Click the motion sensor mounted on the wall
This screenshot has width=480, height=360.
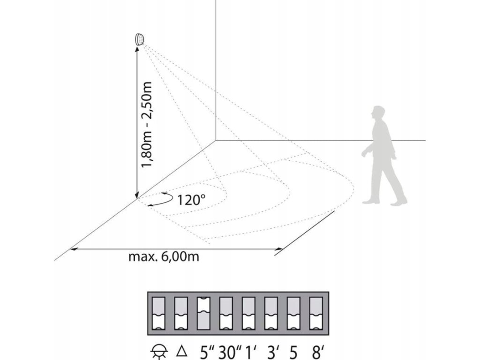[140, 40]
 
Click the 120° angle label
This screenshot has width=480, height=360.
[192, 200]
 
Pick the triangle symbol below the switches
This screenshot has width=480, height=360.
[181, 349]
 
